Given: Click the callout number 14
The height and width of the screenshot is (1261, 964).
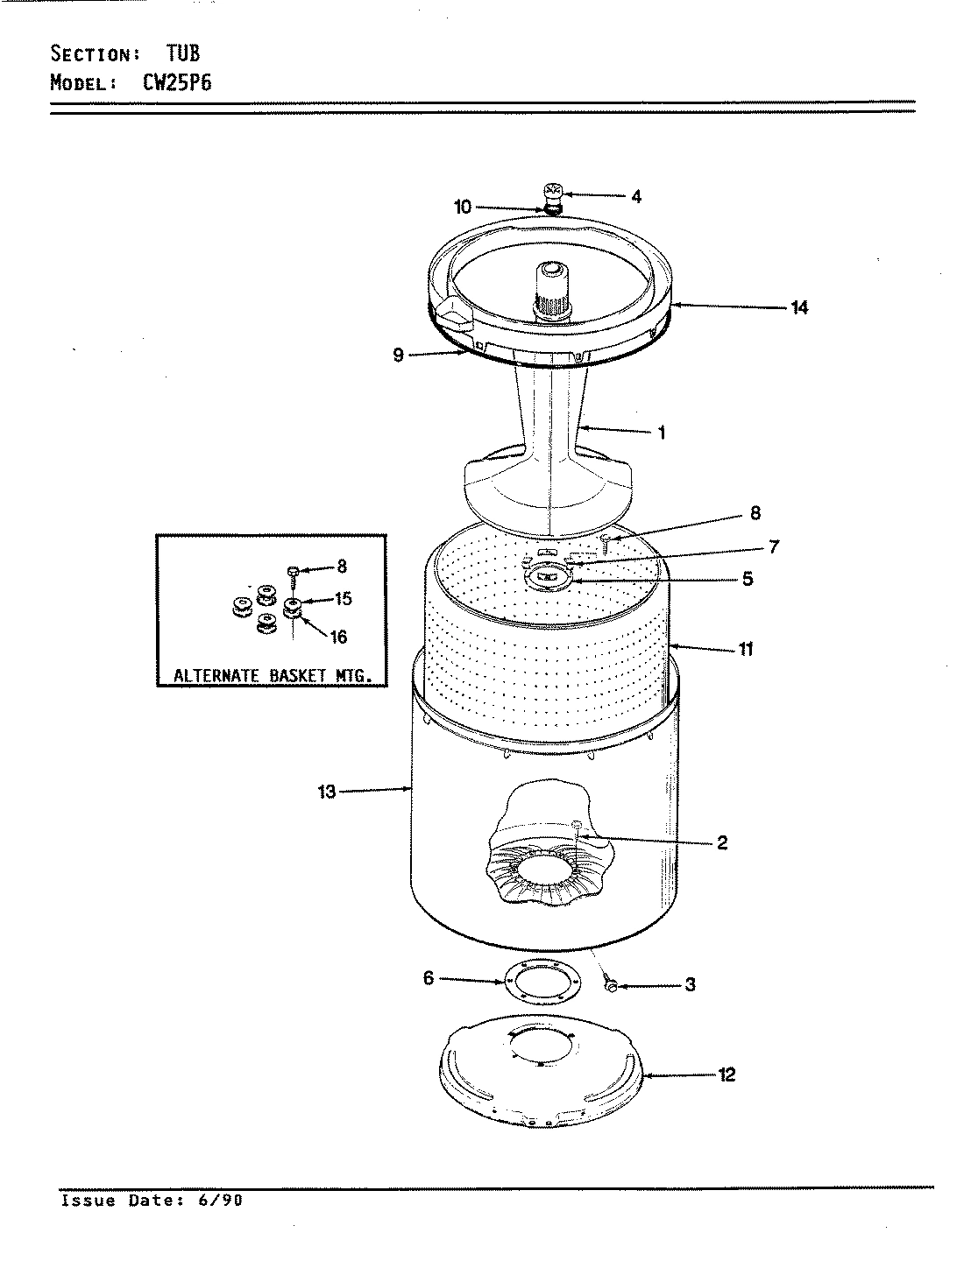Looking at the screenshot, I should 798,307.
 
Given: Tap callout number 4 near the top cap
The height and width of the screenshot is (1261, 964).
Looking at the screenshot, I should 636,197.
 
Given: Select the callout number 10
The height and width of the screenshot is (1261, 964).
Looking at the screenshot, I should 463,208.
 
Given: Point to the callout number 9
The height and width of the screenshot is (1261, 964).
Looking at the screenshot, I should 398,356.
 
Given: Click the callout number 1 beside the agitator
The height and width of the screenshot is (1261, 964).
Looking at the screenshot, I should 662,433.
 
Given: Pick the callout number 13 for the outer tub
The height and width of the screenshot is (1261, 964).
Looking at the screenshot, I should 327,793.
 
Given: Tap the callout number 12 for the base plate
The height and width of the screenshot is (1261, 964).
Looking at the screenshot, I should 727,1074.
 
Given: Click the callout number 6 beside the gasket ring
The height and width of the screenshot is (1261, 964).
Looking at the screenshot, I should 429,978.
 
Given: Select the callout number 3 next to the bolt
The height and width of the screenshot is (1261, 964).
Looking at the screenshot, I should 690,985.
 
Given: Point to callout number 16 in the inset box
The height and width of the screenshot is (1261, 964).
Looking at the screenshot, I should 338,638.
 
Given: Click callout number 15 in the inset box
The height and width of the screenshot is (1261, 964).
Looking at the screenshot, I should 343,599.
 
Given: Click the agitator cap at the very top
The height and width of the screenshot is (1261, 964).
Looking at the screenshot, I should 553,194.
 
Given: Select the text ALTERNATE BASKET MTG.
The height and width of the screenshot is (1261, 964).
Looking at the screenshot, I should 271,676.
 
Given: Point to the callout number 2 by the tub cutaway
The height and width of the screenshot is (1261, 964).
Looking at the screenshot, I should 721,842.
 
